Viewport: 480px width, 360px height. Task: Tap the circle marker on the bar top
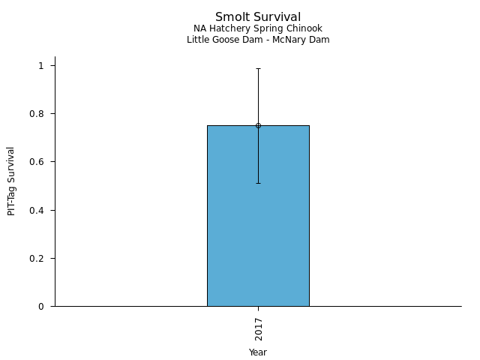click(258, 125)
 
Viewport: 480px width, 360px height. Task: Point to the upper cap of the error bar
click(258, 68)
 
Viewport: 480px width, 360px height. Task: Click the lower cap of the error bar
click(258, 183)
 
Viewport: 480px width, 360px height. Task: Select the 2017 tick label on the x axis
click(258, 329)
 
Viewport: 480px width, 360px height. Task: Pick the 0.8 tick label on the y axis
click(40, 114)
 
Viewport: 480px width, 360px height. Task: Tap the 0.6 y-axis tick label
click(40, 162)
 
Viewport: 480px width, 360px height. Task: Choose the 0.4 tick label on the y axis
click(40, 210)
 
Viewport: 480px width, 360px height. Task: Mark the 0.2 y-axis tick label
click(40, 258)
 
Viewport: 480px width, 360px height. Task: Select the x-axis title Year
click(258, 352)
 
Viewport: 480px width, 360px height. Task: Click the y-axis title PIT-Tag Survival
click(11, 181)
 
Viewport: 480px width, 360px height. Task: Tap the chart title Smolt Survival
click(258, 17)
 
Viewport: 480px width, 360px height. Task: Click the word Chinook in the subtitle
click(305, 28)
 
